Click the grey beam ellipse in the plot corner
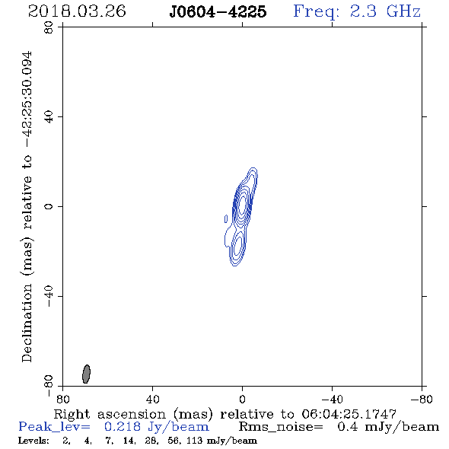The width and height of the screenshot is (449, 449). tap(86, 374)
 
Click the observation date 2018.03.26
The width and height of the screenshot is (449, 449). tap(77, 11)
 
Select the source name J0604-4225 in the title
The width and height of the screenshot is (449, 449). tap(218, 11)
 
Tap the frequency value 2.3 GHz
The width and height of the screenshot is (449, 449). tap(385, 11)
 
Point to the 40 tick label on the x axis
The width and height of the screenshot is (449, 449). tap(152, 399)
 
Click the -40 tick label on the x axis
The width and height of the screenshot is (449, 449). tap(332, 399)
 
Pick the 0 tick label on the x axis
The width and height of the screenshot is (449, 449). tap(242, 399)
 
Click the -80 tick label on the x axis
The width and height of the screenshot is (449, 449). tap(422, 399)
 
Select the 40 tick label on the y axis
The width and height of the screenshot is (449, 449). tap(49, 117)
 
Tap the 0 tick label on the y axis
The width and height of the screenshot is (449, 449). tap(49, 206)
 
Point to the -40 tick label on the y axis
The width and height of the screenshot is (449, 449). tap(49, 296)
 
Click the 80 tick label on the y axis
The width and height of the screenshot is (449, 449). tap(49, 27)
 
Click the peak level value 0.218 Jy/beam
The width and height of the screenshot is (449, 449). tap(156, 427)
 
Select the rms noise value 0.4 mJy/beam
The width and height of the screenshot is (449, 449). tap(388, 427)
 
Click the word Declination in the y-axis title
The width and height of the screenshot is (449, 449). tap(27, 323)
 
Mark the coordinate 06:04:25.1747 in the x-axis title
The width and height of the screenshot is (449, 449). tap(349, 414)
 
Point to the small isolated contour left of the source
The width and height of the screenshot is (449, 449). tap(226, 218)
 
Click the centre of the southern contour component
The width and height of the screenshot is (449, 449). tap(236, 247)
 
